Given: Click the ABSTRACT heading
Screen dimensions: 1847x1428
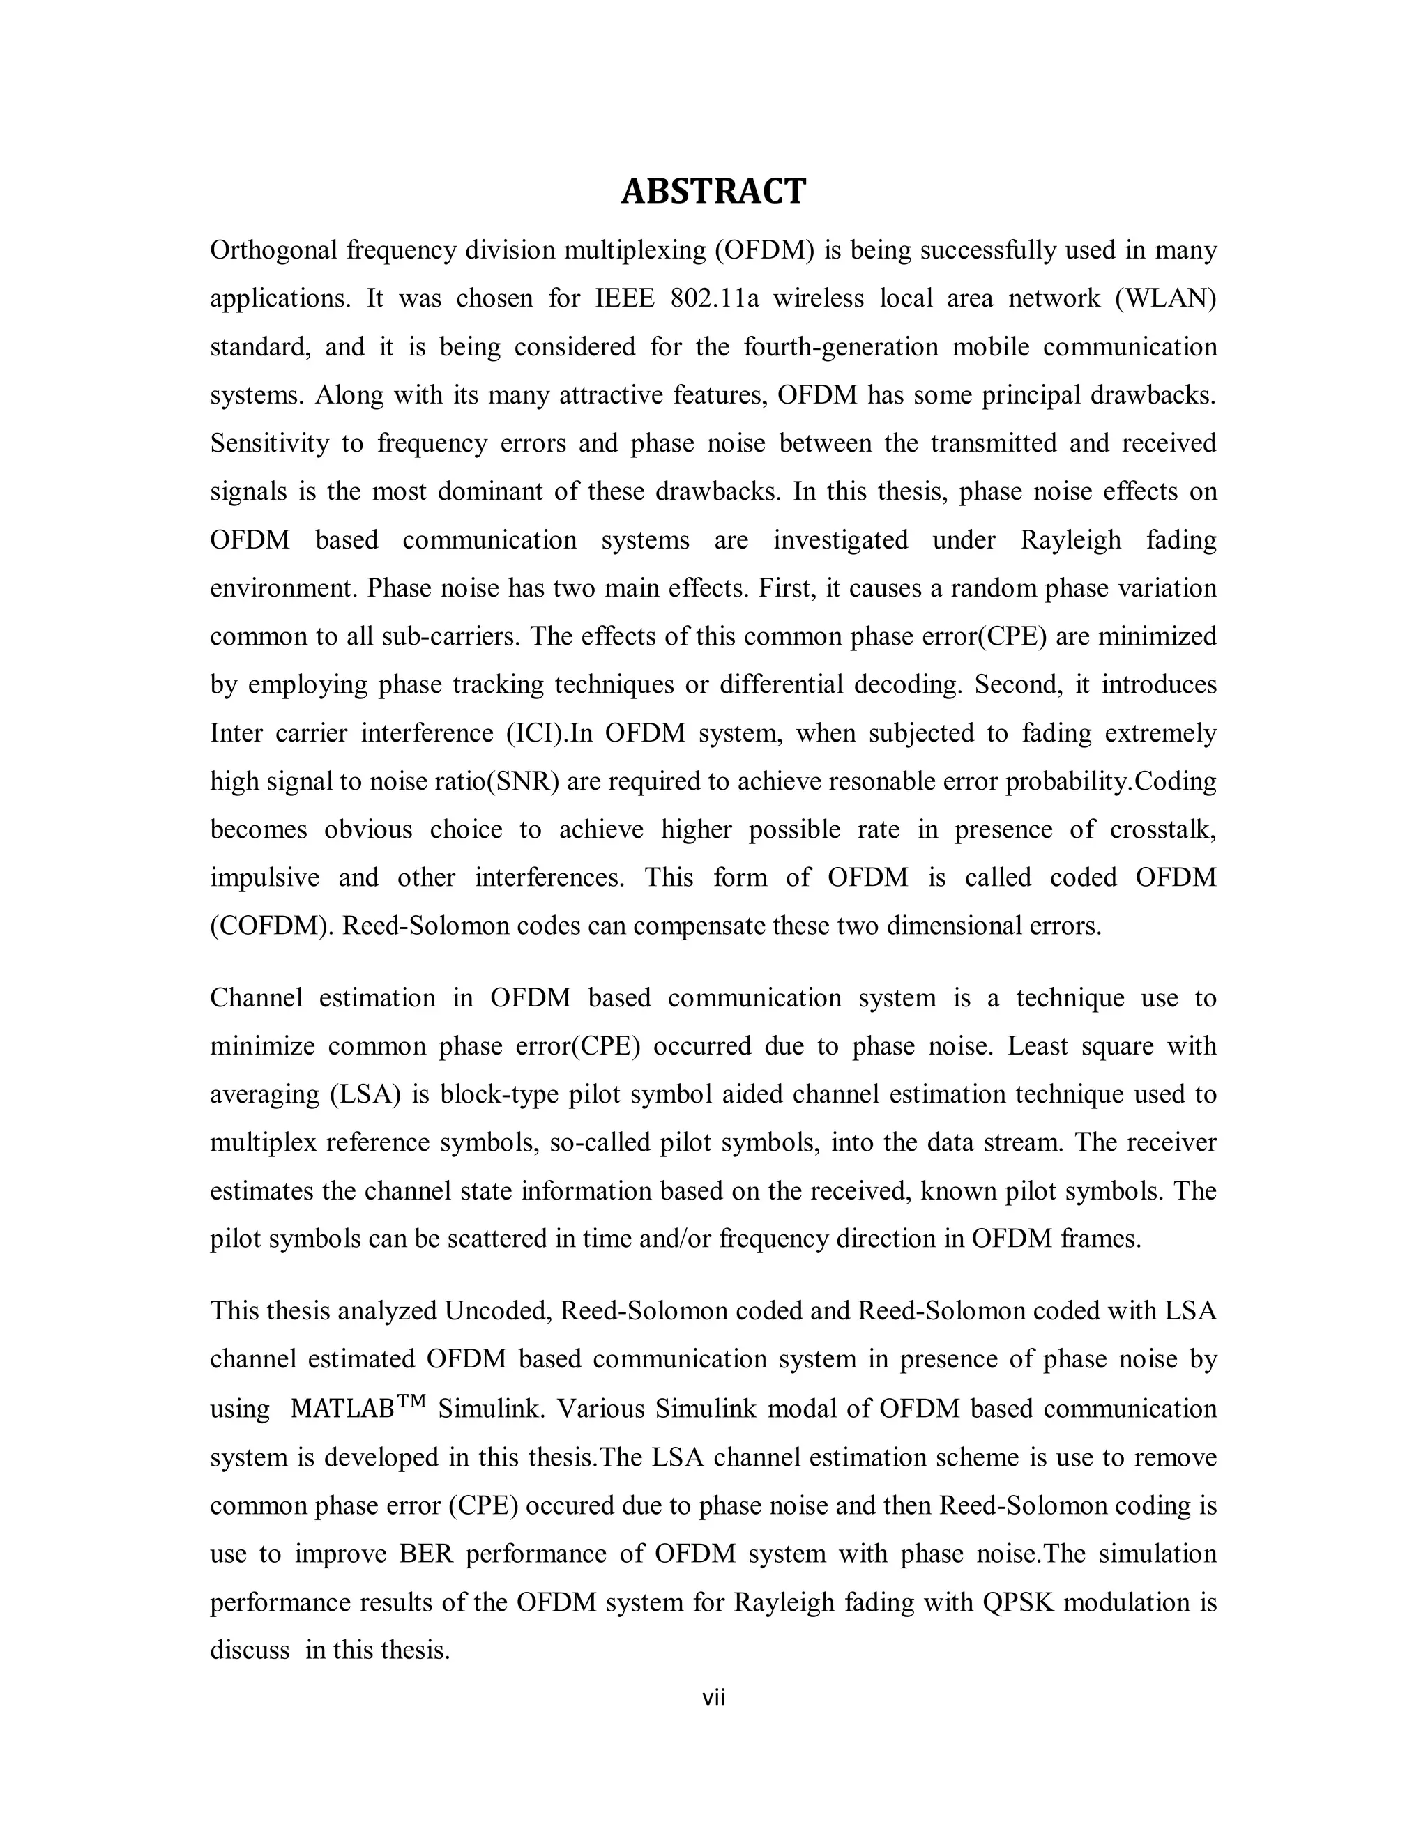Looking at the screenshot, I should coord(713,192).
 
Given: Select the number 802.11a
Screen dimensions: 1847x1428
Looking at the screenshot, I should coord(714,298).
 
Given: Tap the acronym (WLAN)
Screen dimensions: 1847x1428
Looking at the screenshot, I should coord(1165,298).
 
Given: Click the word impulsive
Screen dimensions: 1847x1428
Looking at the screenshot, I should coord(265,877).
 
